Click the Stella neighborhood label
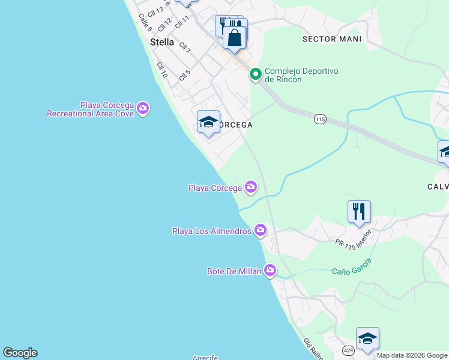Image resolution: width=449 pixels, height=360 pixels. pyautogui.click(x=161, y=43)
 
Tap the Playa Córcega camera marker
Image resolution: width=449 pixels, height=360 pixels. pyautogui.click(x=250, y=187)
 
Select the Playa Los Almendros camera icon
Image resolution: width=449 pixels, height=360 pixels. pyautogui.click(x=260, y=230)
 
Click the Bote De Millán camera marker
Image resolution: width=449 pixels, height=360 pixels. pyautogui.click(x=270, y=271)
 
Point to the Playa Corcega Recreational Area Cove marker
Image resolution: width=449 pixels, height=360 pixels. pyautogui.click(x=143, y=108)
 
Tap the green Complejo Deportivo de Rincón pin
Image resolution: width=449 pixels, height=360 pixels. pyautogui.click(x=255, y=74)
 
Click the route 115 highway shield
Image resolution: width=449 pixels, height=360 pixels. pyautogui.click(x=319, y=120)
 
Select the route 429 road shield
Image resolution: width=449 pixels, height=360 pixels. pyautogui.click(x=349, y=350)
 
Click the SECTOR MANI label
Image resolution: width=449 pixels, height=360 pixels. pyautogui.click(x=332, y=39)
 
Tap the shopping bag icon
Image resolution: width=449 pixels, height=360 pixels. pyautogui.click(x=235, y=38)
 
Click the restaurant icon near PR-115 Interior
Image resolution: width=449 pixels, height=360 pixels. pyautogui.click(x=359, y=211)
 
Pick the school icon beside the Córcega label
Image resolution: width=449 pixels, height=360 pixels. pyautogui.click(x=208, y=122)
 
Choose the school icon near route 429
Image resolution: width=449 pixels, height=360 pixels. pyautogui.click(x=367, y=338)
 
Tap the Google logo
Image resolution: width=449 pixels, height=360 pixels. pyautogui.click(x=20, y=353)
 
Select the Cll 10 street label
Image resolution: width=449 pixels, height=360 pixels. pyautogui.click(x=161, y=70)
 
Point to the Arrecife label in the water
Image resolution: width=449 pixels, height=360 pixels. pyautogui.click(x=205, y=357)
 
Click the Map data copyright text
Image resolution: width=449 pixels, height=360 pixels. pyautogui.click(x=412, y=355)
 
